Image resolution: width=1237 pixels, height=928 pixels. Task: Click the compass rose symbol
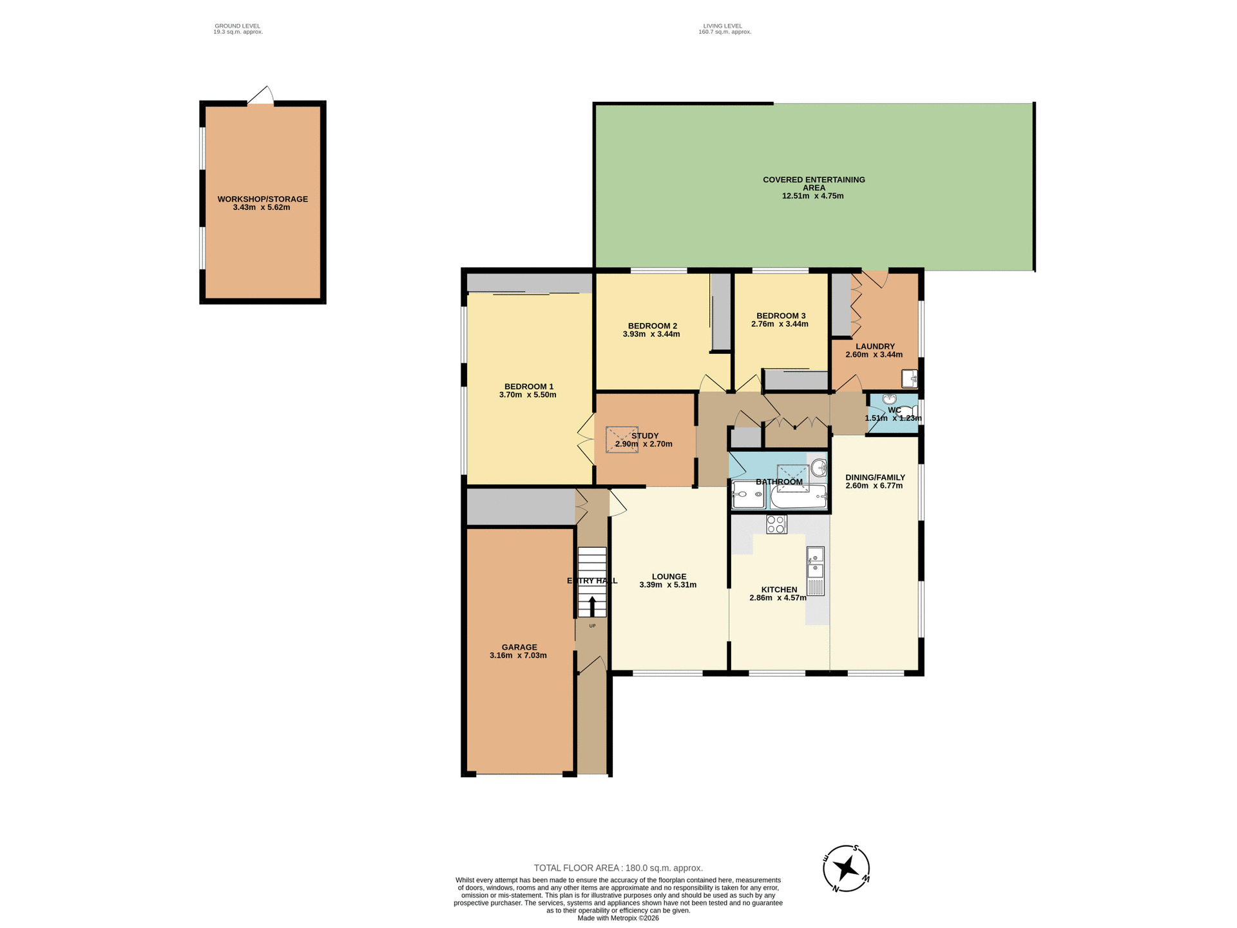846,868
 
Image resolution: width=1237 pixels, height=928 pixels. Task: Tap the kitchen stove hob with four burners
776,524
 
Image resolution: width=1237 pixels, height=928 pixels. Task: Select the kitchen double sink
815,562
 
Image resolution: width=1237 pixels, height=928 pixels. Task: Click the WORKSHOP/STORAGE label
262,199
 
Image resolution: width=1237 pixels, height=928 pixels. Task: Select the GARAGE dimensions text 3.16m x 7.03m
518,655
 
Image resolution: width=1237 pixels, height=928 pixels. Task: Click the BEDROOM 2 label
652,326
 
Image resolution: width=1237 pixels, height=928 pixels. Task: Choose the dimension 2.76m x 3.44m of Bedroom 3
780,324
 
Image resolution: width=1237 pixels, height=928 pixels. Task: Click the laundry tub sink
909,378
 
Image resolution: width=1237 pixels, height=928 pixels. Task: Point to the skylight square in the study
622,440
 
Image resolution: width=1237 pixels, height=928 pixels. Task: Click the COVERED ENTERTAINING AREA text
814,184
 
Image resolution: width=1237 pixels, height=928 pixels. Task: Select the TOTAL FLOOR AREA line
618,868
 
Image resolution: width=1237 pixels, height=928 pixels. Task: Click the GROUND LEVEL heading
237,26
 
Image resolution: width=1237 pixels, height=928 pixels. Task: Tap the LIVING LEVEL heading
722,26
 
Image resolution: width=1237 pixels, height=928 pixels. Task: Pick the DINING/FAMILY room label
875,478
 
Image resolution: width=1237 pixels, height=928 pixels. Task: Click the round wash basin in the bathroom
818,467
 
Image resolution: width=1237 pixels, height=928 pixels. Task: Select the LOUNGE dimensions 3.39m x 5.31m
667,585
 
